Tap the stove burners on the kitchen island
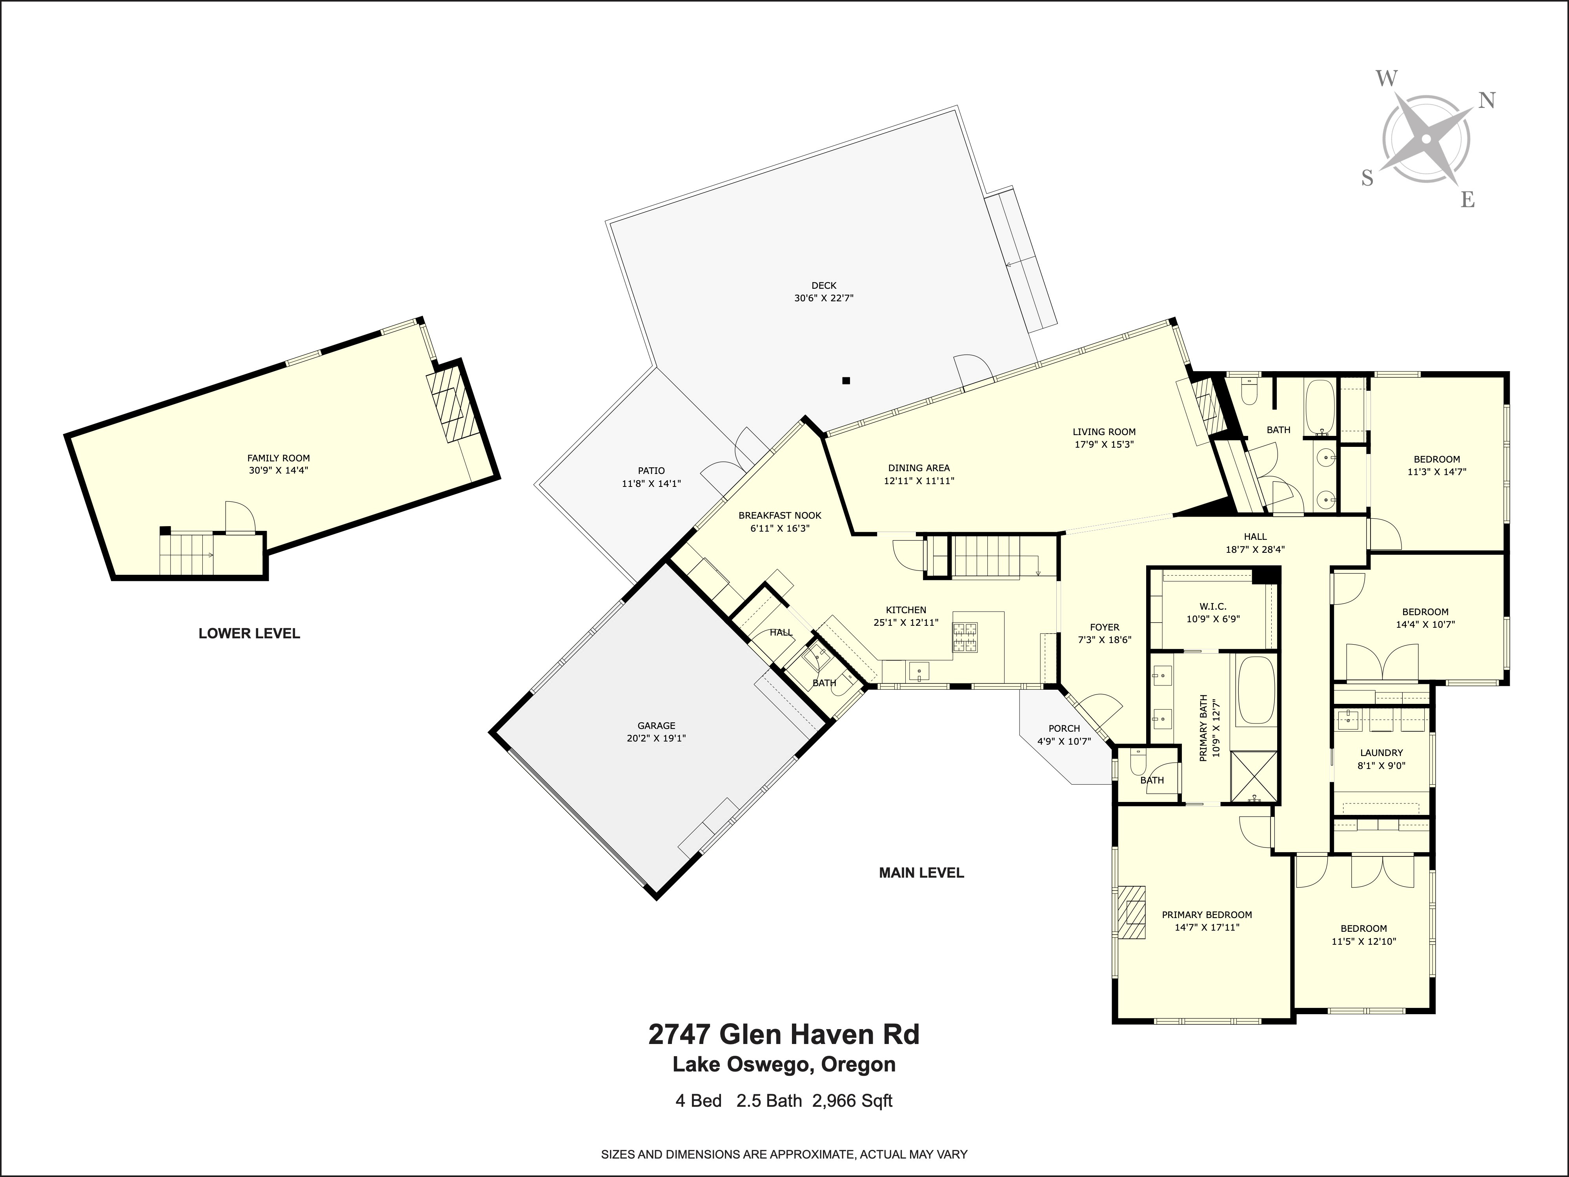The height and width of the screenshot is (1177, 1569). [x=965, y=637]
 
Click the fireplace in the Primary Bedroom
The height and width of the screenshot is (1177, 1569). [x=1133, y=912]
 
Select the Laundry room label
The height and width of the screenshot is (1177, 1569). [x=1381, y=753]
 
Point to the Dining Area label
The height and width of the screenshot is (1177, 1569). [x=919, y=468]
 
